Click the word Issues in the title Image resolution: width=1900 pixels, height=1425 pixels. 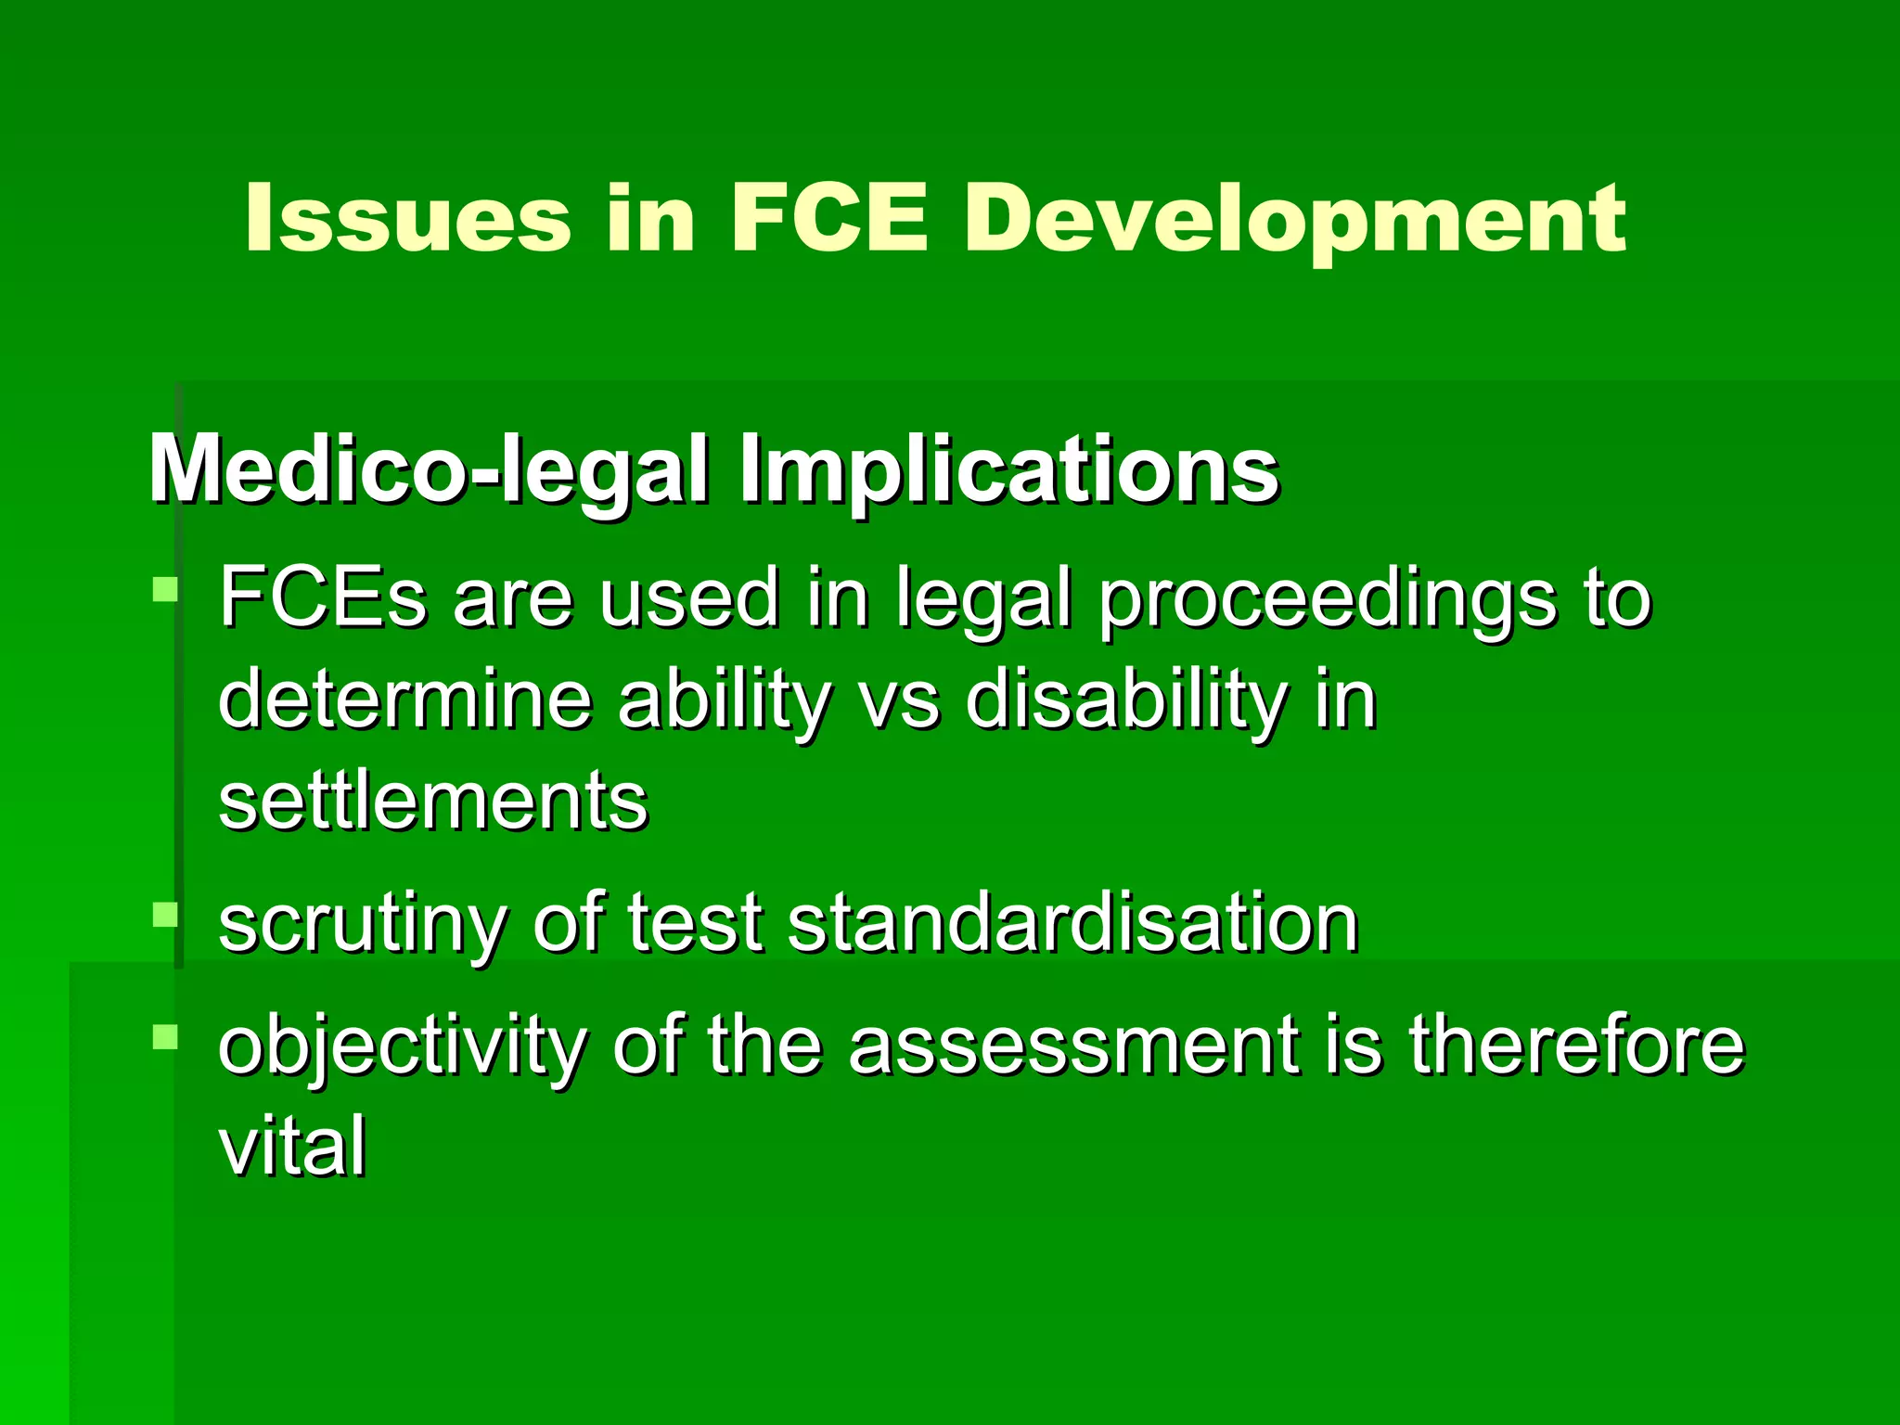[407, 219]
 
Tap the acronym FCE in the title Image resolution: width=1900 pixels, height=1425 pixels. [828, 219]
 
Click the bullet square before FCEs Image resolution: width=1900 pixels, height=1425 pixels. [165, 591]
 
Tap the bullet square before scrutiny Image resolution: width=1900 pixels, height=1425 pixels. [165, 915]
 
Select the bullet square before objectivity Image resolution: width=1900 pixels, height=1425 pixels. [165, 1036]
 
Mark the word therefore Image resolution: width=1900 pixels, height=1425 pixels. [1576, 1046]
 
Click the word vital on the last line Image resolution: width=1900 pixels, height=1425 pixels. [292, 1146]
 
